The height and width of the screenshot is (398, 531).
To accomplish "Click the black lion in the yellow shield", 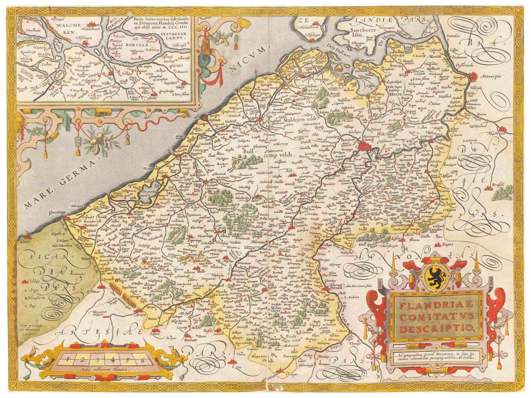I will click(436, 276).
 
